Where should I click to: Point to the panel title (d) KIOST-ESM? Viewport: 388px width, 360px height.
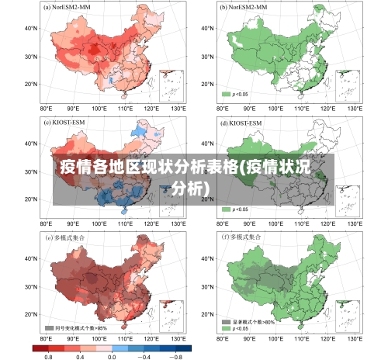(242, 122)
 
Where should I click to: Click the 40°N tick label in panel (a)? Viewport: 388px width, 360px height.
(32, 28)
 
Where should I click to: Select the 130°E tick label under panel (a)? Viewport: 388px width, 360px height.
(179, 110)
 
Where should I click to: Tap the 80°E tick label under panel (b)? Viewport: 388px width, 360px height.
(221, 110)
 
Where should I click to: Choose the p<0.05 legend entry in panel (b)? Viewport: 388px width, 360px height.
(236, 94)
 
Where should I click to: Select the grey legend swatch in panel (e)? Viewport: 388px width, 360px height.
(48, 327)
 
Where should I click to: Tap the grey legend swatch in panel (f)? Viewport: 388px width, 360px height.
(227, 320)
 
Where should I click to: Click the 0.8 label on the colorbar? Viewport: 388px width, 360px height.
(48, 356)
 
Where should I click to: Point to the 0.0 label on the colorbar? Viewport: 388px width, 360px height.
(112, 356)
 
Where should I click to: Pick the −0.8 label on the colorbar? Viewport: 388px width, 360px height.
(175, 356)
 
